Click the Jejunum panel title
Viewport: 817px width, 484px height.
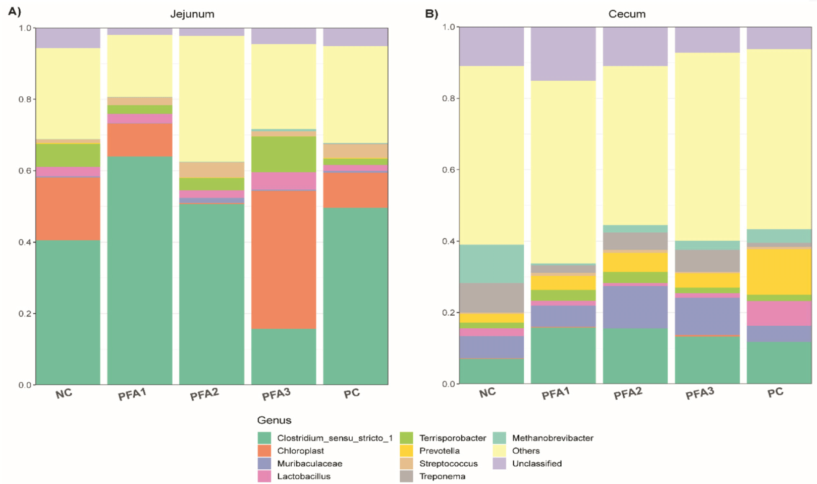coord(192,14)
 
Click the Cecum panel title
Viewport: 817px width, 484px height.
coord(626,14)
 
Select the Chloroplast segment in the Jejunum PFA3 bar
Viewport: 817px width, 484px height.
coord(284,260)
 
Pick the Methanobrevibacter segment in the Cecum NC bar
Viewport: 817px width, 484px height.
coord(492,264)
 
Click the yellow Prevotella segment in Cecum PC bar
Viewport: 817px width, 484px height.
coord(779,272)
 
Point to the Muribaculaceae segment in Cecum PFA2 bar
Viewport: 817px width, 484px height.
coord(635,307)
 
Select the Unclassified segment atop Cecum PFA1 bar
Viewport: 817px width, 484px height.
coord(563,54)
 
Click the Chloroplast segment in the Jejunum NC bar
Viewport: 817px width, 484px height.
coord(68,209)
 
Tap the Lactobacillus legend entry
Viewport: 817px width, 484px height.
coord(304,476)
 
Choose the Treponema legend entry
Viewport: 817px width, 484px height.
coord(442,476)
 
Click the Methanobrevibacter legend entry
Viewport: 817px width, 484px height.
coord(552,438)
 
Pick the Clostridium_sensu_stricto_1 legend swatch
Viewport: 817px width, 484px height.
coord(264,438)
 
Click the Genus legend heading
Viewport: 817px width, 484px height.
coord(274,420)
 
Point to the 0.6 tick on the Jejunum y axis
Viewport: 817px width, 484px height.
coord(25,171)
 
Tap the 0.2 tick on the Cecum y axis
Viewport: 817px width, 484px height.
coord(449,313)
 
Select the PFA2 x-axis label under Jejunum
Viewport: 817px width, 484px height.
coord(204,394)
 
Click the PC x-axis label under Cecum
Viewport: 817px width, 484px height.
coord(775,393)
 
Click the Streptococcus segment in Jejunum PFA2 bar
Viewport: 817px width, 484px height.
coord(211,170)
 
